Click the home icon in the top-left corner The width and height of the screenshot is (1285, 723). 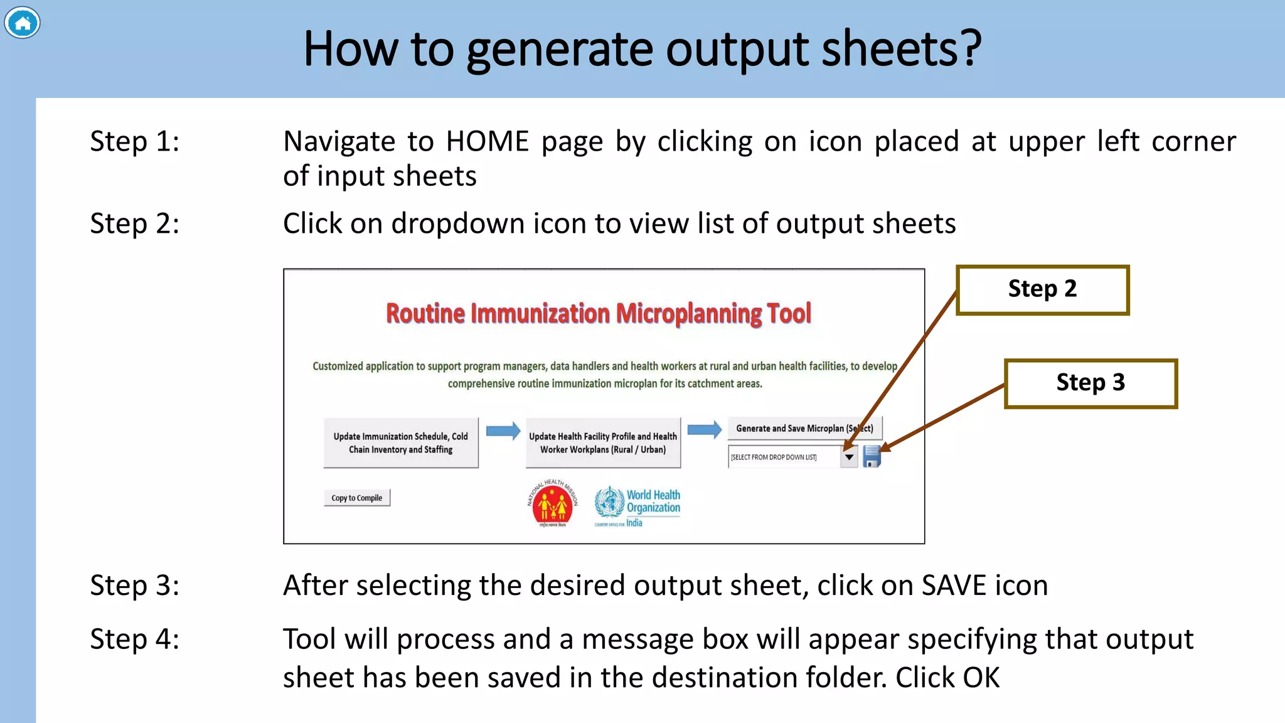point(23,23)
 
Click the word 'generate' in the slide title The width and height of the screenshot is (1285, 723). point(560,50)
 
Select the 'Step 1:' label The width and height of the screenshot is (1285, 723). point(134,141)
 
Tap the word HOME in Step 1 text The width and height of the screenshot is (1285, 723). point(488,142)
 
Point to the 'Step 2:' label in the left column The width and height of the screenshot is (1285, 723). point(134,224)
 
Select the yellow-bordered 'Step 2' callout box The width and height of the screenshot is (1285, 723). point(1042,289)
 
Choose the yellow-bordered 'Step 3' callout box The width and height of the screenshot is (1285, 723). point(1090,383)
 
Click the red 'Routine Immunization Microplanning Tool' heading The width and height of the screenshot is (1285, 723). point(598,313)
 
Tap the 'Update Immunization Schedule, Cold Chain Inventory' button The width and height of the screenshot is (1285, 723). point(400,442)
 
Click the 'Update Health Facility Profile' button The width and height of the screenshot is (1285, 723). point(602,442)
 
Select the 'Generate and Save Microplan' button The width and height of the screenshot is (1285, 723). point(804,428)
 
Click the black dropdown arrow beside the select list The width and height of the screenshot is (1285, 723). point(849,457)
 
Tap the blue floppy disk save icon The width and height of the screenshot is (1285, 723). point(872,456)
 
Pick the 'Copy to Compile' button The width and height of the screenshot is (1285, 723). point(356,498)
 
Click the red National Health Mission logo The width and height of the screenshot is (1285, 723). point(552,503)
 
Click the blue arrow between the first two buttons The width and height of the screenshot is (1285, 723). point(503,431)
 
